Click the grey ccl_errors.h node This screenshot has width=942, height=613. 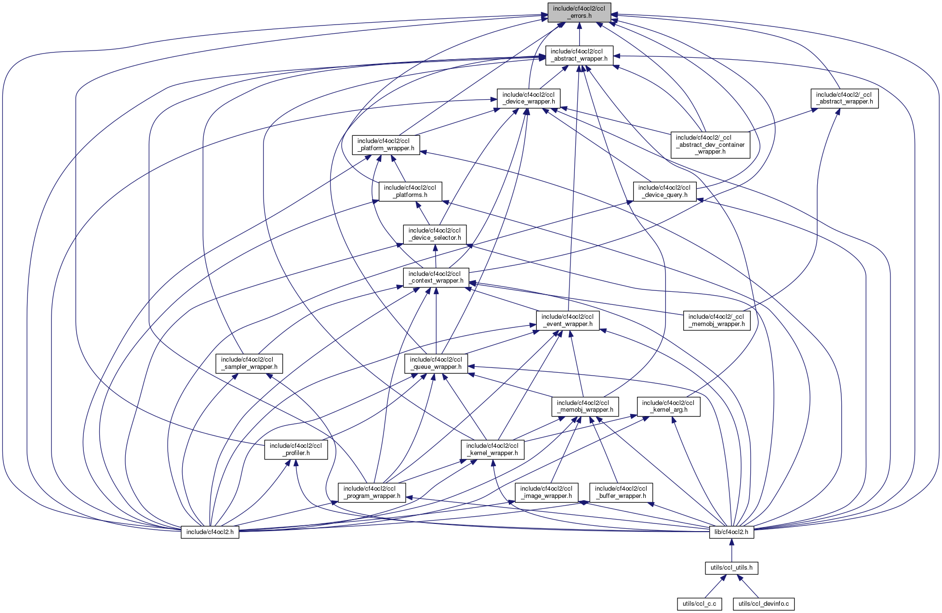[x=579, y=12]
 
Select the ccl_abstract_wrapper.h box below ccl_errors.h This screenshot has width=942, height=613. [x=579, y=55]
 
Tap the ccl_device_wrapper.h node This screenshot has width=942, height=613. [x=529, y=98]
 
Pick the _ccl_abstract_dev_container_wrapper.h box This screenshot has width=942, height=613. [x=710, y=144]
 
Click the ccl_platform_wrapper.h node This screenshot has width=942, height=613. [x=386, y=144]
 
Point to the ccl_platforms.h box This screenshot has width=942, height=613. [x=410, y=191]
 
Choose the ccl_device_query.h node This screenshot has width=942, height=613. [x=664, y=191]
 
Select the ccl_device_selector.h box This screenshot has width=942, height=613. [x=435, y=234]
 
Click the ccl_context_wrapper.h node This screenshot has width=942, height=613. [x=436, y=277]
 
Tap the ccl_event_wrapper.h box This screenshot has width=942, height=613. [x=568, y=320]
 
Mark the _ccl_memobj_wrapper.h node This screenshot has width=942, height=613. [x=716, y=320]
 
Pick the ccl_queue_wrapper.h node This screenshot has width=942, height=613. [x=436, y=363]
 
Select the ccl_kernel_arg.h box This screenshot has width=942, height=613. [x=668, y=406]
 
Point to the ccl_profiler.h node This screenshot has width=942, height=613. [x=296, y=449]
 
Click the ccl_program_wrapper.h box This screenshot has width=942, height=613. [x=371, y=492]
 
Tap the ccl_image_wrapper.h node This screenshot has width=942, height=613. [x=546, y=492]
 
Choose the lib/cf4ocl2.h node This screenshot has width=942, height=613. [x=731, y=532]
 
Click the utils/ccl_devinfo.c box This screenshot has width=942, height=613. [x=764, y=603]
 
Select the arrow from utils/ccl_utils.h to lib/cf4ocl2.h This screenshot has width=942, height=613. [x=731, y=550]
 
